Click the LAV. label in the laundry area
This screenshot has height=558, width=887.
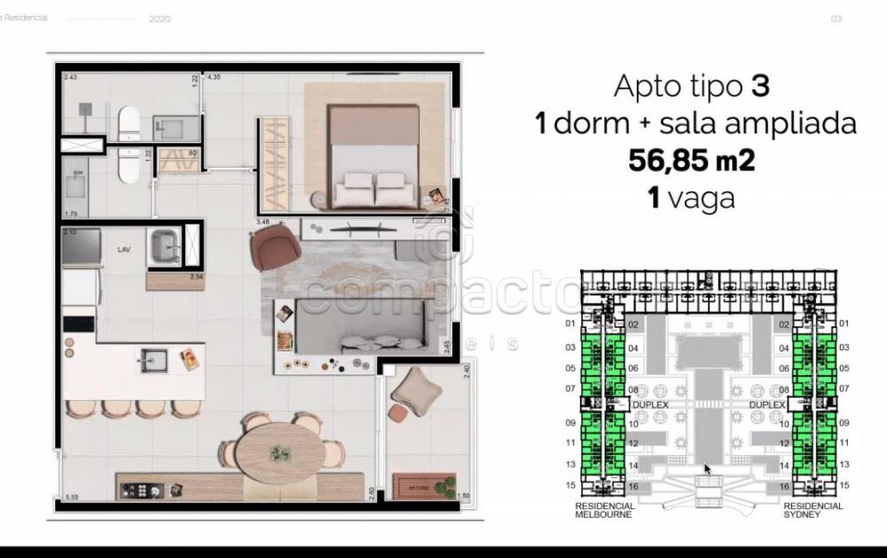124,250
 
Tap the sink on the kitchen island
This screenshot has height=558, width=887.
152,359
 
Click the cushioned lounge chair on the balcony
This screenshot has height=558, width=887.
412,388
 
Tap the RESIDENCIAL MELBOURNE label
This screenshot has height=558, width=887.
604,510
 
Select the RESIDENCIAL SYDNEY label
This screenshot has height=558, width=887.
812,510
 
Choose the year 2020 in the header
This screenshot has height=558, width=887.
161,18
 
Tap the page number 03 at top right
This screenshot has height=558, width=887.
835,18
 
